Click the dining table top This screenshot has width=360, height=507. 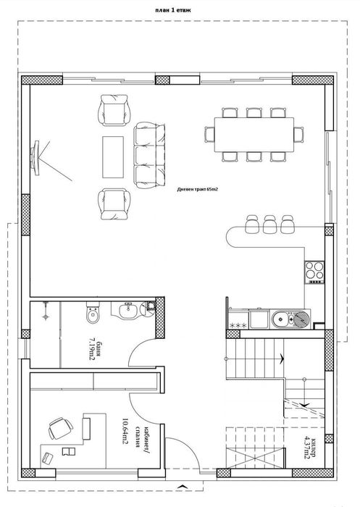coord(252,134)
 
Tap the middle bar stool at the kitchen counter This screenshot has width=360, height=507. coord(269,223)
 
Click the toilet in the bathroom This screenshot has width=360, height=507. coord(92,317)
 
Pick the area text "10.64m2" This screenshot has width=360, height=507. coord(126,430)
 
